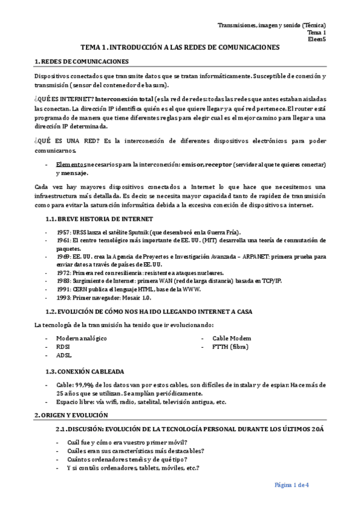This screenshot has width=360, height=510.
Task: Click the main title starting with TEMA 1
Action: (x=180, y=47)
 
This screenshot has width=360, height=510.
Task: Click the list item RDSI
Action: (x=64, y=346)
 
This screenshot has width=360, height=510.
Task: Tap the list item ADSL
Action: (x=64, y=355)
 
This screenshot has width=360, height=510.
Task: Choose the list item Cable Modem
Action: (x=232, y=338)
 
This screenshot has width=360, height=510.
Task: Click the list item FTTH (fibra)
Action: (x=230, y=346)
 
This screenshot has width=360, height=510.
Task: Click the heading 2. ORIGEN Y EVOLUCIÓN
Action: (x=71, y=415)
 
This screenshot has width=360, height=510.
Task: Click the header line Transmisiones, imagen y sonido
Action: (x=272, y=25)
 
